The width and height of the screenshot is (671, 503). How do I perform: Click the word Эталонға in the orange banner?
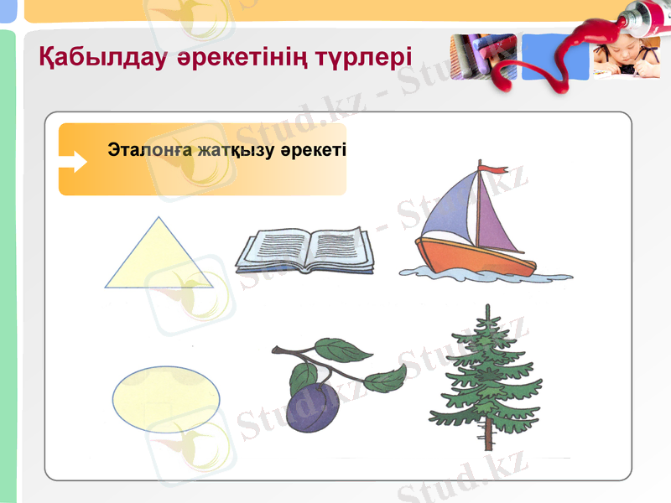tap(150, 151)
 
